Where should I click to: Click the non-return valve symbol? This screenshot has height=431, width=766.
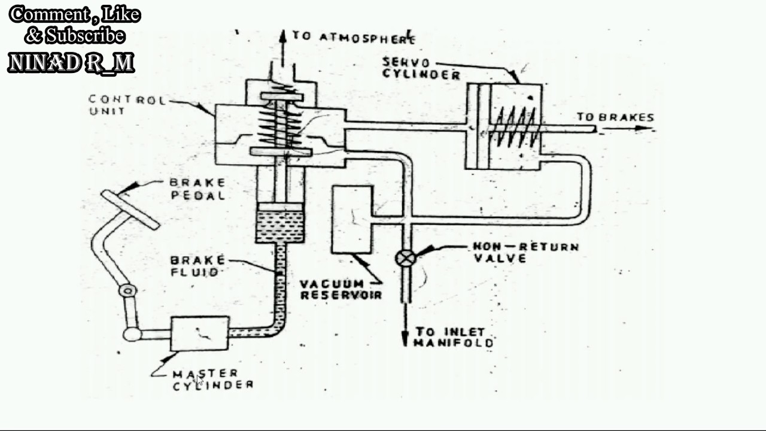tap(406, 258)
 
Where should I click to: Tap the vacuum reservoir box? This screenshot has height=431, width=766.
tap(351, 219)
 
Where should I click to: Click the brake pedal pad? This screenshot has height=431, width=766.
tap(130, 209)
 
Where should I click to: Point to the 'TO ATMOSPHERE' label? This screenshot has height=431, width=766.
tap(354, 37)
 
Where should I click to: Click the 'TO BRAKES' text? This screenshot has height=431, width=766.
tap(615, 117)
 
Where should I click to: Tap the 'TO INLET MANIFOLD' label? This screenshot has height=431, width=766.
tap(454, 337)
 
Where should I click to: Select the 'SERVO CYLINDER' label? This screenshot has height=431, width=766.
tap(421, 68)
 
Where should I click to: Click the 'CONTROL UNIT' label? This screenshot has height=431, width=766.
tap(126, 105)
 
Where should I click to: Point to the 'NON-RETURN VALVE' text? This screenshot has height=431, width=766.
tap(525, 252)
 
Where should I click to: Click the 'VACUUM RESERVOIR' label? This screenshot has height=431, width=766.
tap(341, 289)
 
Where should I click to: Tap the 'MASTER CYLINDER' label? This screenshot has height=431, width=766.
tap(212, 380)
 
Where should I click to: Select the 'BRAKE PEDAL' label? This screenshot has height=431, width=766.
tap(197, 189)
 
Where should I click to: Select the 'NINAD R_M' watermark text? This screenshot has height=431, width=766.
tap(71, 63)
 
